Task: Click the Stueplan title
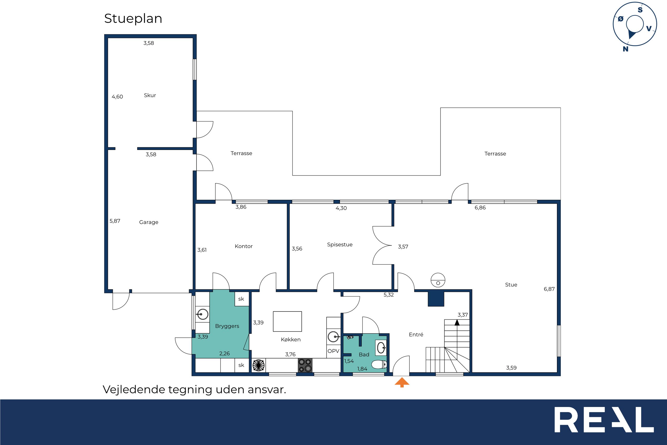coord(133,19)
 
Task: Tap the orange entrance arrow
coord(402,382)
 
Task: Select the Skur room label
coord(150,95)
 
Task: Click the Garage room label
coord(149,222)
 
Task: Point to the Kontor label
coord(243,246)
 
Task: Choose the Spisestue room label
coord(340,245)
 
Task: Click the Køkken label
coord(291,339)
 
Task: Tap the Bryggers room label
coord(227,326)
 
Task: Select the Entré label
coord(416,335)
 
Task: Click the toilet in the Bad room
coord(379,364)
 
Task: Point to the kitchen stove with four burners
coord(305,365)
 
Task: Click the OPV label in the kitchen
coord(333,351)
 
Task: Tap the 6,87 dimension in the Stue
coord(549,289)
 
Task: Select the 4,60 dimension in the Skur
coord(117,97)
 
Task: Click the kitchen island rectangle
coord(287,321)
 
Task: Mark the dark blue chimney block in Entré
coord(436,299)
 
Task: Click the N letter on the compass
coord(626,49)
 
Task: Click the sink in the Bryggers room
coord(202,314)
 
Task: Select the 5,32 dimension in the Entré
coord(389,295)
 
